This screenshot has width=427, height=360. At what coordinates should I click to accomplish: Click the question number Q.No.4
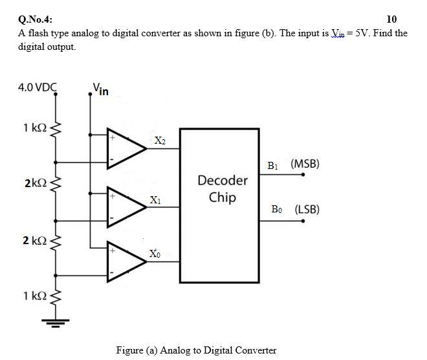coord(36,19)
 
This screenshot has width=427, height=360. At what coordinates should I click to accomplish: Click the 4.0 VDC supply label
coord(38,86)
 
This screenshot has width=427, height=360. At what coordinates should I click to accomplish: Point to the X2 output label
coord(160,141)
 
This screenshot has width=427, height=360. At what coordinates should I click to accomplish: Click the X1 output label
coord(155,200)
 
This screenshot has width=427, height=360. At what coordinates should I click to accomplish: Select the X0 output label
coord(155,253)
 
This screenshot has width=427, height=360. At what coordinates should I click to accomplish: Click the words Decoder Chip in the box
coord(222,188)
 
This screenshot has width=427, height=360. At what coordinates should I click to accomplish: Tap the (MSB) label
coord(305,164)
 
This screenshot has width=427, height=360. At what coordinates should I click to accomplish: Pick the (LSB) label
coord(307,210)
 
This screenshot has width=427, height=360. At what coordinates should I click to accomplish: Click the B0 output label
coord(276,210)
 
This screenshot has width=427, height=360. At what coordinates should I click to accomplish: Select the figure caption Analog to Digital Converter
coord(196,350)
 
